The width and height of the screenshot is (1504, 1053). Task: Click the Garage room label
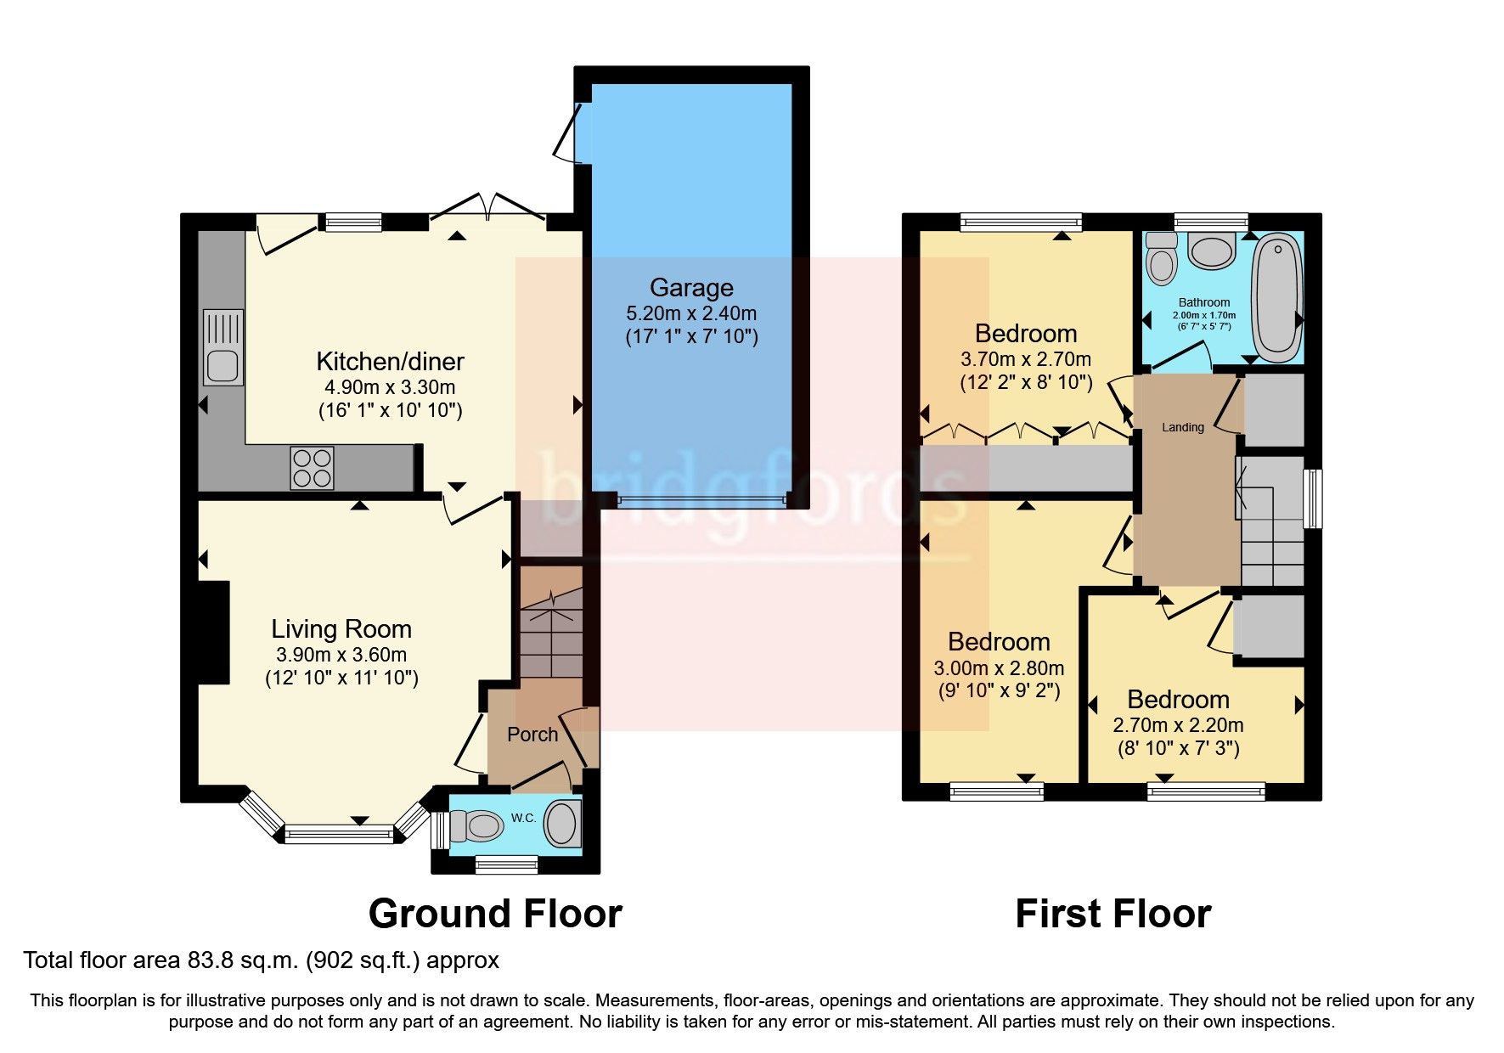pyautogui.click(x=691, y=288)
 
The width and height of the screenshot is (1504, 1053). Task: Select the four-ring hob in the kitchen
pyautogui.click(x=312, y=468)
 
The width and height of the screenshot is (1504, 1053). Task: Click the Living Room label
pyautogui.click(x=341, y=629)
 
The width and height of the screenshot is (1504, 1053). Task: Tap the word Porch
pyautogui.click(x=532, y=735)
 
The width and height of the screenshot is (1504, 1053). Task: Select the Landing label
pyautogui.click(x=1183, y=427)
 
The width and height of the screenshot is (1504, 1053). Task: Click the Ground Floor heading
pyautogui.click(x=495, y=914)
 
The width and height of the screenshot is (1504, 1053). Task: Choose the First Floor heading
pyautogui.click(x=1113, y=914)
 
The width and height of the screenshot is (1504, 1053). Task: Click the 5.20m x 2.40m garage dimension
pyautogui.click(x=691, y=313)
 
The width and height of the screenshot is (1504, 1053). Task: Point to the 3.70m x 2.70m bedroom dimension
pyautogui.click(x=1026, y=359)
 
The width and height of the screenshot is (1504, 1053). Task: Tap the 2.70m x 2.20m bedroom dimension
pyautogui.click(x=1178, y=725)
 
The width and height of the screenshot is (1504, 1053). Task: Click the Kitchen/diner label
pyautogui.click(x=390, y=362)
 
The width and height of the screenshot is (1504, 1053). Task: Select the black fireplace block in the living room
pyautogui.click(x=214, y=633)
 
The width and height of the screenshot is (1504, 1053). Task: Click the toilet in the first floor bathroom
pyautogui.click(x=1160, y=257)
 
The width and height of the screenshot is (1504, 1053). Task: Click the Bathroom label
pyautogui.click(x=1204, y=302)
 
